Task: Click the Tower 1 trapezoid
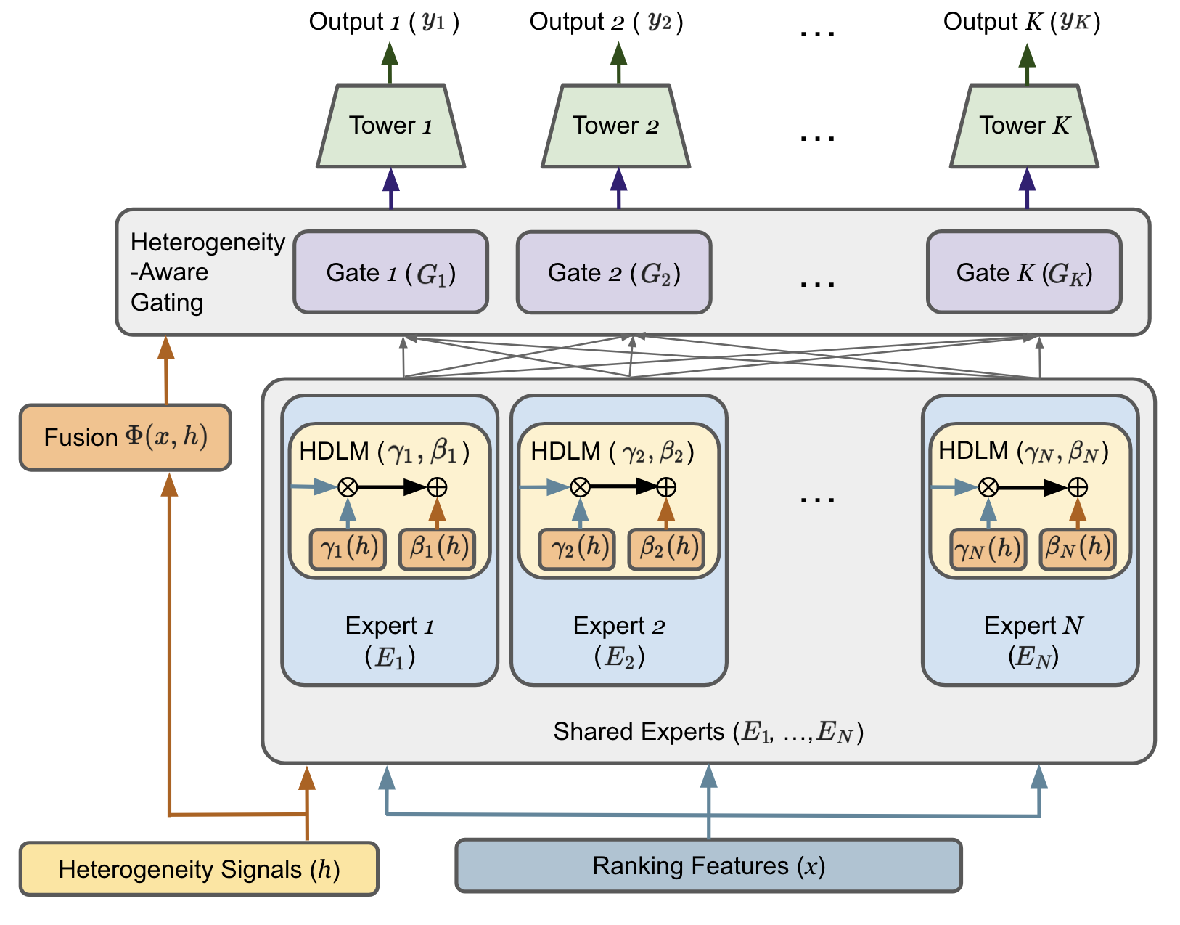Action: (390, 126)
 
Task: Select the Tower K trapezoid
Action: (1023, 126)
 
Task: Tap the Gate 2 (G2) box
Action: (614, 272)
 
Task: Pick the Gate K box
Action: (1023, 272)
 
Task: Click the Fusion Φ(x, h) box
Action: (126, 437)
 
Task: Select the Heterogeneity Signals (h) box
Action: (199, 868)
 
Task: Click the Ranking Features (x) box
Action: (708, 865)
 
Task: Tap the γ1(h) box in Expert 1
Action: (348, 549)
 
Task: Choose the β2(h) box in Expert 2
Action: (666, 549)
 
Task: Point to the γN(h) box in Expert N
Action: (988, 549)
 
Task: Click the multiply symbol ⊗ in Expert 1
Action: (348, 487)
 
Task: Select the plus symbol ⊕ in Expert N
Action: (1078, 487)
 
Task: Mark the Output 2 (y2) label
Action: (606, 22)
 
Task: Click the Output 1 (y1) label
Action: (384, 22)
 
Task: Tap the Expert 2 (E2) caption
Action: (618, 641)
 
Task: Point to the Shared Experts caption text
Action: (708, 732)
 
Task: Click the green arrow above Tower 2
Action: (618, 63)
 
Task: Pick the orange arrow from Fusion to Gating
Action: (165, 370)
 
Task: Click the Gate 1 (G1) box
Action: (390, 272)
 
